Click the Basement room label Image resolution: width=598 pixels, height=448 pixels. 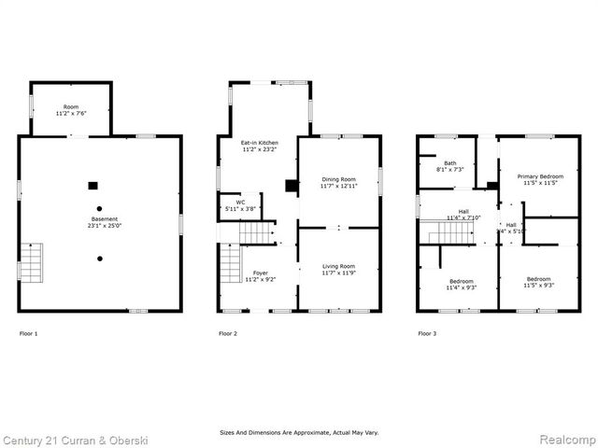pyautogui.click(x=98, y=220)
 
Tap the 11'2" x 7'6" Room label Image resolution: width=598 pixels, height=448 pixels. pyautogui.click(x=71, y=110)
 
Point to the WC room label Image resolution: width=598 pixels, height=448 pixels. pyautogui.click(x=240, y=205)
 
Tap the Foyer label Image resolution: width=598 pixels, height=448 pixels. pyautogui.click(x=259, y=275)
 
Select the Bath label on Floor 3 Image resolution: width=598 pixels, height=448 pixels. pyautogui.click(x=450, y=166)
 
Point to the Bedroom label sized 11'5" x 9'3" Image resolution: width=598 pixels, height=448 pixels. pyautogui.click(x=538, y=283)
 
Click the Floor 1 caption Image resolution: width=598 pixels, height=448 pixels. pyautogui.click(x=29, y=333)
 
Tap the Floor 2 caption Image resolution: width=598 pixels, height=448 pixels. pyautogui.click(x=228, y=333)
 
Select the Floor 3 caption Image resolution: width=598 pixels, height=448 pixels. pyautogui.click(x=427, y=333)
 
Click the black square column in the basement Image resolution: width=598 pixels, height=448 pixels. pyautogui.click(x=92, y=185)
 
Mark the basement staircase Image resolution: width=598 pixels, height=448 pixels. pyautogui.click(x=31, y=262)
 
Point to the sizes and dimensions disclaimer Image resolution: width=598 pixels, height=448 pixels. pyautogui.click(x=299, y=433)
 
